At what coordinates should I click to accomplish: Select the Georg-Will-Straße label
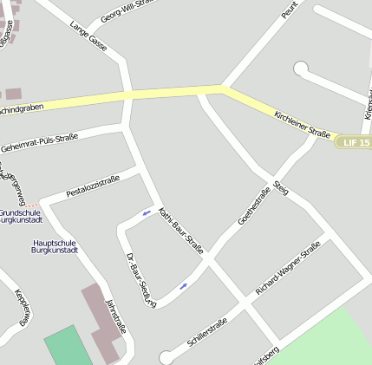click(128, 11)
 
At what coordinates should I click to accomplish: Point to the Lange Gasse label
click(88, 36)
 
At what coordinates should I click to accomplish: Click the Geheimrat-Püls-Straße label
click(40, 142)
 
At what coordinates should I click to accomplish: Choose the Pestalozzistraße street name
click(93, 186)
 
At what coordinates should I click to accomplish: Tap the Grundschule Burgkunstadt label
click(21, 216)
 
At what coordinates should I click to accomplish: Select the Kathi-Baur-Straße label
click(181, 230)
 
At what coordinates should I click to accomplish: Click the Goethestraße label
click(253, 206)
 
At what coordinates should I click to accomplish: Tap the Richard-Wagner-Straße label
click(288, 267)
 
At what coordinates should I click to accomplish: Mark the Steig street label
click(279, 186)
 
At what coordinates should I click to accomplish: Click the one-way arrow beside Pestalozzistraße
click(147, 212)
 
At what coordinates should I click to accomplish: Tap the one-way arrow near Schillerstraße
click(183, 286)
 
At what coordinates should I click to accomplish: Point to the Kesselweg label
click(23, 305)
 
